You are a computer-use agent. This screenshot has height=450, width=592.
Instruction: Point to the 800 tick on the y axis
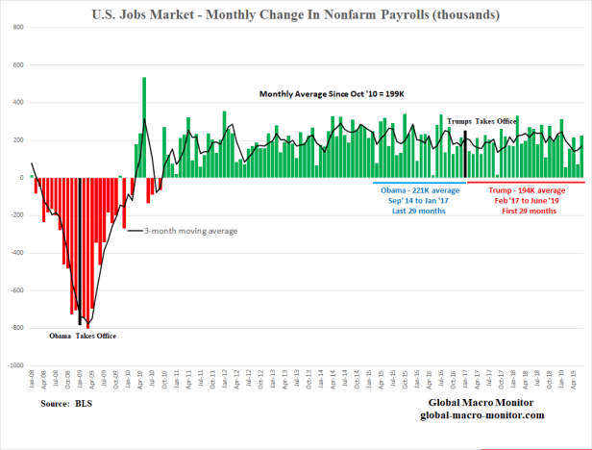18,28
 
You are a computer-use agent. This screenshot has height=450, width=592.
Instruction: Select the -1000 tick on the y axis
15,365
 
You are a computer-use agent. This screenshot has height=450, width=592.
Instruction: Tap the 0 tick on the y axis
22,178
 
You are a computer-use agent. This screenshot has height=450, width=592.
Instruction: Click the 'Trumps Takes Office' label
482,121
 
